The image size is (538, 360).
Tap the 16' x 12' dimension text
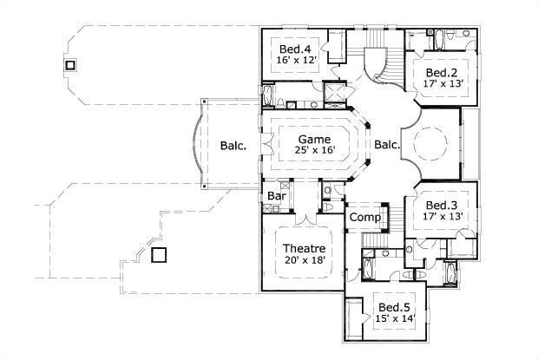297,60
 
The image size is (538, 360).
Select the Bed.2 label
442,73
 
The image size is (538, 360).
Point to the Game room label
314,139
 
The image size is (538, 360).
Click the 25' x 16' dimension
315,149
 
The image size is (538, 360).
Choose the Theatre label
304,248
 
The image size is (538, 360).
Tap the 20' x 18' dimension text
305,260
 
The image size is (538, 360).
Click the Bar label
277,196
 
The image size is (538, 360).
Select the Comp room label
365,217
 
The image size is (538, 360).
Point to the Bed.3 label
442,205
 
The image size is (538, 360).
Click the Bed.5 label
394,307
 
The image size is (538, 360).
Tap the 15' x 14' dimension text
396,318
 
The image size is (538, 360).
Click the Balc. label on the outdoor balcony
233,146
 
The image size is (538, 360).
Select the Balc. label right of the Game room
387,144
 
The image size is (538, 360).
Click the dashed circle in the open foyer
430,128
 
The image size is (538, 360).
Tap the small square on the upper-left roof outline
70,65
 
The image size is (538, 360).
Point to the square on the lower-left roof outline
159,255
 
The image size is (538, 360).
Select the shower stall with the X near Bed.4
334,91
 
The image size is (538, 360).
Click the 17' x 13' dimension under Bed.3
443,216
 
